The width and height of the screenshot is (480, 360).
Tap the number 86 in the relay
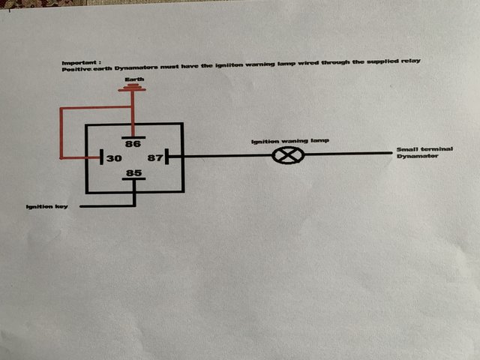point(133,144)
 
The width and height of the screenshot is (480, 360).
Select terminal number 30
point(114,159)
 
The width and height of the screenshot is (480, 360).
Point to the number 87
point(155,158)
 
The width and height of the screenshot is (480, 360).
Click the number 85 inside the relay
point(134,174)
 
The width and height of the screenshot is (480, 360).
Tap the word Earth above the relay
point(133,79)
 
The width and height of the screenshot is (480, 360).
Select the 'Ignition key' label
point(46,206)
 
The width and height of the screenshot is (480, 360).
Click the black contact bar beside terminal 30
point(101,159)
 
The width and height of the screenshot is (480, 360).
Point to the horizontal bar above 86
point(133,136)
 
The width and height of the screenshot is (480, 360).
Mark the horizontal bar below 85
point(134,182)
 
